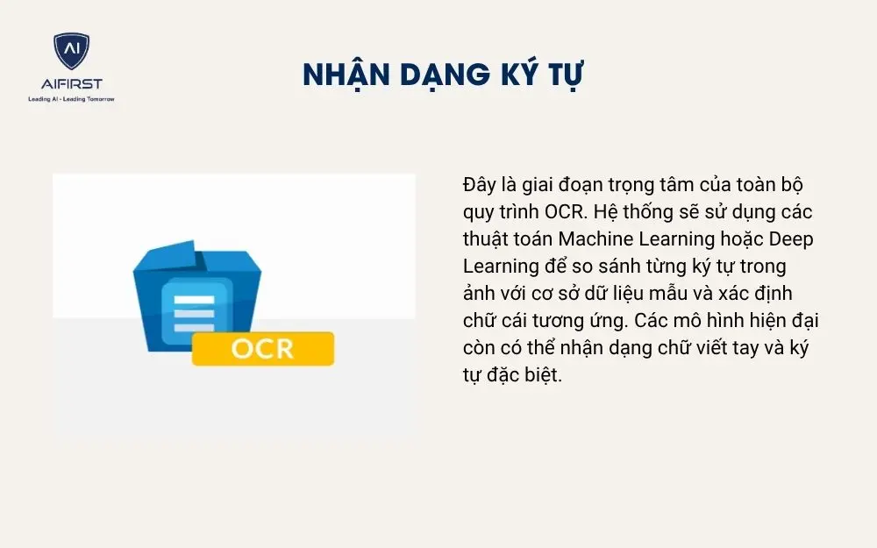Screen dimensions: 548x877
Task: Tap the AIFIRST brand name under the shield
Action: [71, 83]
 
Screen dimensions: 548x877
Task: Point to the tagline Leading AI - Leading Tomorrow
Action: [71, 99]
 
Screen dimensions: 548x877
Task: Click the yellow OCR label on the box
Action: [263, 348]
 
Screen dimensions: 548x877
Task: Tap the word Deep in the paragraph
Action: [795, 238]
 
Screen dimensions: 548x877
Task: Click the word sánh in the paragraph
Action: [617, 265]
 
